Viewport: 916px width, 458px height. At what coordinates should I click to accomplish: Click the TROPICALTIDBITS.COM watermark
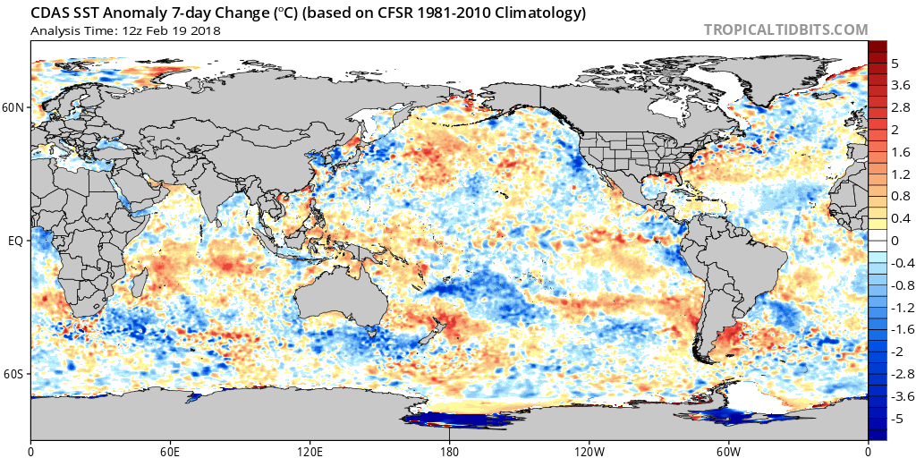point(785,30)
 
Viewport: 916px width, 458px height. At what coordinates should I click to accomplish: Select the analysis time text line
point(125,30)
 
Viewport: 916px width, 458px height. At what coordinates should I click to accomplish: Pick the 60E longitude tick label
point(170,450)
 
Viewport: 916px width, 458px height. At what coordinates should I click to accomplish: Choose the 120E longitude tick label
point(310,450)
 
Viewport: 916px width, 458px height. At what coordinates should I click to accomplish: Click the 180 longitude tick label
point(449,450)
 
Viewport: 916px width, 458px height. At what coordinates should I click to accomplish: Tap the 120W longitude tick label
point(589,450)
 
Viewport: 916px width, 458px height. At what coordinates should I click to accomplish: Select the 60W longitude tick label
point(728,450)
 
